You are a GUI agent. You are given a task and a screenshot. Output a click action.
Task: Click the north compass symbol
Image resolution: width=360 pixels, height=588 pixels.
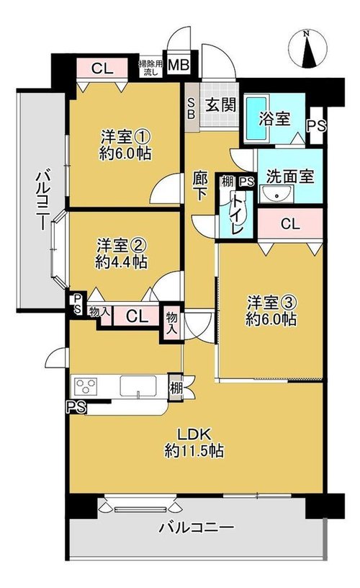pos(308,50)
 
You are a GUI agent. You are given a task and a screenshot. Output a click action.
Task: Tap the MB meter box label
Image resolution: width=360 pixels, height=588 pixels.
pos(179,65)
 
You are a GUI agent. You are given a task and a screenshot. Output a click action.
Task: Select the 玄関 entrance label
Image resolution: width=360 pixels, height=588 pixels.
pos(220,105)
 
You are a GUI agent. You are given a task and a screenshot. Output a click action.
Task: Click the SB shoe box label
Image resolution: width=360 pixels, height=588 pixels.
pos(191,108)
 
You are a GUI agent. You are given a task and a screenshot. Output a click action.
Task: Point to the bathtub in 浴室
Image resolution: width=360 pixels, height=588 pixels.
pos(256,117)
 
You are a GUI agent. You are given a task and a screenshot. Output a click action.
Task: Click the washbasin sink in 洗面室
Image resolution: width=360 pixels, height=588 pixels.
pos(277,195)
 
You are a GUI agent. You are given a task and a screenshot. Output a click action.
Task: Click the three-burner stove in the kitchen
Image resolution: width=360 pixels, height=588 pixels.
pos(86,386)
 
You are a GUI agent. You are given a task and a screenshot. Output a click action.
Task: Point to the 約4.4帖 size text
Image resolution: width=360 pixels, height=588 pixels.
pos(121,262)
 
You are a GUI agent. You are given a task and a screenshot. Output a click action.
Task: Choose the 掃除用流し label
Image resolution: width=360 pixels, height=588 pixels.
pos(151,68)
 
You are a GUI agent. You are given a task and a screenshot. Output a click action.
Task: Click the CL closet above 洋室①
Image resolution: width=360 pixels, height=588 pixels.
pos(103,68)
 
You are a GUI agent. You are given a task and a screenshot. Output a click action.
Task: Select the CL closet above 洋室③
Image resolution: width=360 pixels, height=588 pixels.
pos(291,224)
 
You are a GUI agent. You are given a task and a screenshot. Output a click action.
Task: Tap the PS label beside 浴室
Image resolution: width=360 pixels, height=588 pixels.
pos(317,125)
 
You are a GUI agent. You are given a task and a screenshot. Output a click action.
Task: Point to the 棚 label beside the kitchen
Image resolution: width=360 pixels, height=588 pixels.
pos(175,388)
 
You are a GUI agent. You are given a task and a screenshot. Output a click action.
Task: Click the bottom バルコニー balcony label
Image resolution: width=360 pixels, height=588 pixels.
pos(197,528)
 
